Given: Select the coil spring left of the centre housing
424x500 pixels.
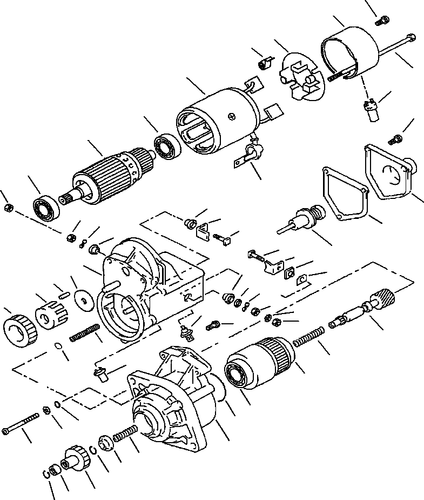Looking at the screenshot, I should tap(85, 332).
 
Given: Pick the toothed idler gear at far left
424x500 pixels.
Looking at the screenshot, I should tap(19, 328).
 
